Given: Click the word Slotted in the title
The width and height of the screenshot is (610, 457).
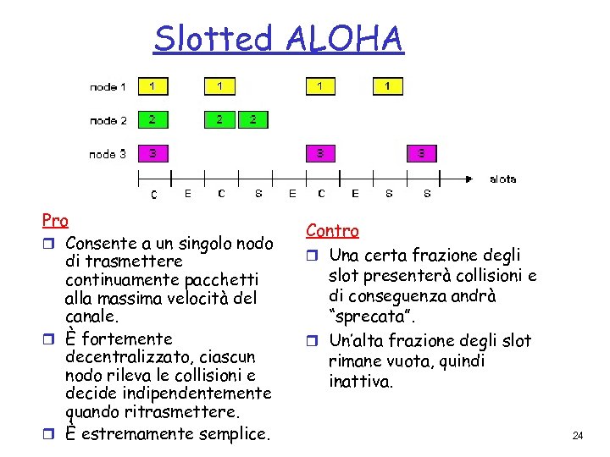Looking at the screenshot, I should click(214, 39).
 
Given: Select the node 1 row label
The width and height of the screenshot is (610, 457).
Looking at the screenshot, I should click(108, 87).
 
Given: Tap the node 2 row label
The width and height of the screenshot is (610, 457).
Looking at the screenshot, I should click(108, 120).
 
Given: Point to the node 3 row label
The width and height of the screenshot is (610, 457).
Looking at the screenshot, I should click(108, 154).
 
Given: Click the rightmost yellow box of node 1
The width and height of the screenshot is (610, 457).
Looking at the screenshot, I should click(388, 86).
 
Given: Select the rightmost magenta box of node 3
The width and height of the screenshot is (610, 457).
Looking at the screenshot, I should click(422, 153).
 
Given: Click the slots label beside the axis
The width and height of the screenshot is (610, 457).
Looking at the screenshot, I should click(502, 179).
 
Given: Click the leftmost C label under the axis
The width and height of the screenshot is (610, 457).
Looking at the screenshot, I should click(153, 195).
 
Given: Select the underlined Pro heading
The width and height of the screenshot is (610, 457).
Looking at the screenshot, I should click(55, 221).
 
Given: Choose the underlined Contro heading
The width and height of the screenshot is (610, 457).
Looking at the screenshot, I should click(332, 230).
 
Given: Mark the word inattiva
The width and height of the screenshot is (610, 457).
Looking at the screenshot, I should click(361, 382).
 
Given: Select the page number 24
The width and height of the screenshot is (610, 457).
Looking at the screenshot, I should click(578, 436).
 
